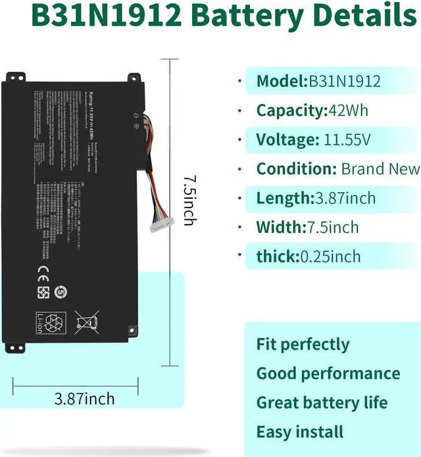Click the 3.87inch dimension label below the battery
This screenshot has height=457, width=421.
coord(85,398)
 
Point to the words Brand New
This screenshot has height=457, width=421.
coord(380,169)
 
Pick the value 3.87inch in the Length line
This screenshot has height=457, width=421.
coord(344,198)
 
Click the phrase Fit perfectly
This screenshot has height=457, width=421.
coord(303,344)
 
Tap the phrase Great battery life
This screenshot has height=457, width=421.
coord(322,402)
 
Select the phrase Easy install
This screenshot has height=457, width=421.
coord(300,432)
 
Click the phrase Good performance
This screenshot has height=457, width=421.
coord(328,373)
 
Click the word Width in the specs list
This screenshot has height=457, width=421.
coord(280,227)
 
